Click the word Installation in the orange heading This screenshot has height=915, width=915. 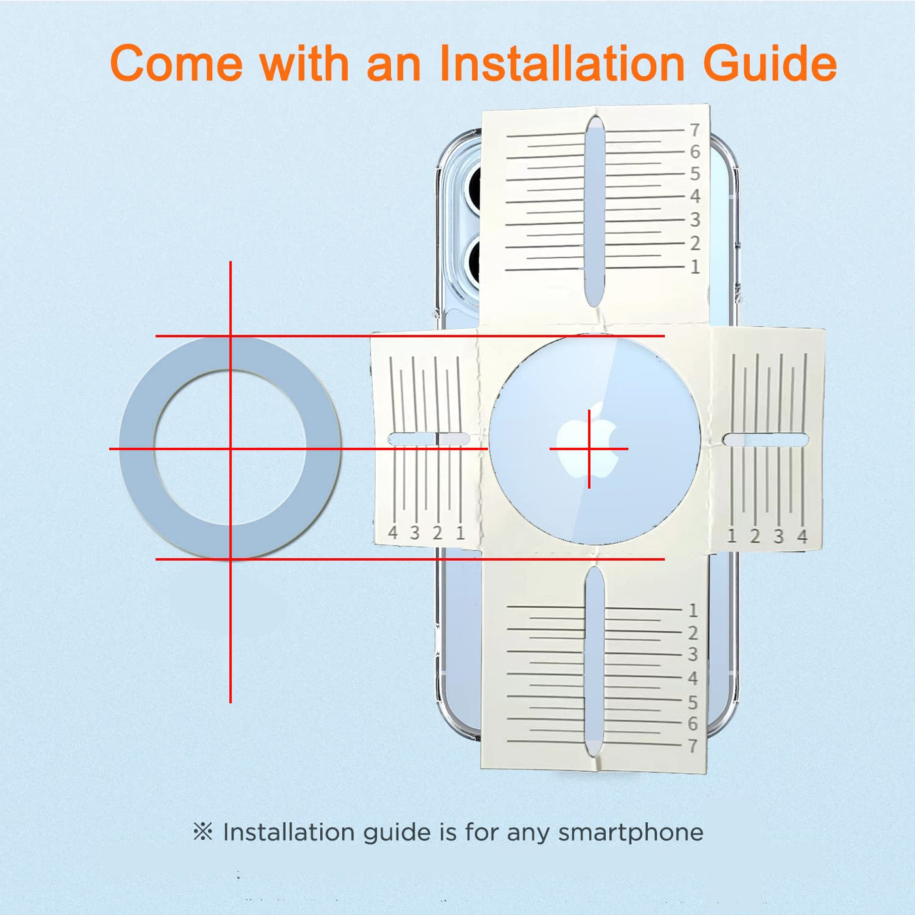coord(561,63)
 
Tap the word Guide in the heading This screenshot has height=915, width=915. coord(769,63)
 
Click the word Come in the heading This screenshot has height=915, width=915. coord(176,63)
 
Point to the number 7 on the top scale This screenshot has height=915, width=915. coord(695,129)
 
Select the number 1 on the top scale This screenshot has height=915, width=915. coord(695,267)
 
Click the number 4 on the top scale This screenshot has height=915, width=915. coord(695,195)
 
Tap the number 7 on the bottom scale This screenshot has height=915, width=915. coord(693,746)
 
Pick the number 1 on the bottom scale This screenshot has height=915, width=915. coord(693,610)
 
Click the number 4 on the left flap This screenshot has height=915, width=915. coord(393,533)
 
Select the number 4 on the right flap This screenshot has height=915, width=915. coord(802,536)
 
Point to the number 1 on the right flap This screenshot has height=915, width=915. coord(732,536)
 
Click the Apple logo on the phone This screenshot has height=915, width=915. coord(588,442)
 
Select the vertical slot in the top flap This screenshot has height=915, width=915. coord(594,212)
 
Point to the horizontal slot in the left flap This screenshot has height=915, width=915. coord(429,439)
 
